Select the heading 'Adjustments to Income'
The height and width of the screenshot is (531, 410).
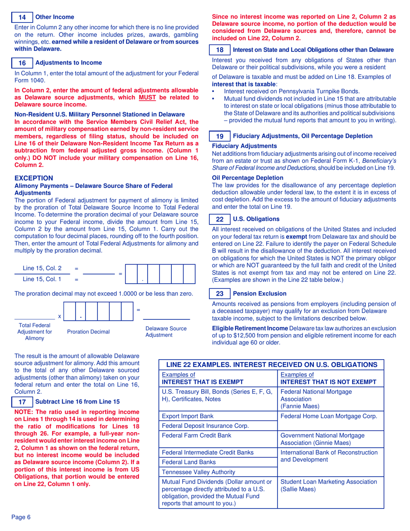click(68, 63)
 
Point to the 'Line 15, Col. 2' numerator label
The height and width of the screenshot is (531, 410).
click(42, 268)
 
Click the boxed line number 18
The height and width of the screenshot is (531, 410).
click(220, 50)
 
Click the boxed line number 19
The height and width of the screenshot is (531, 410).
click(220, 136)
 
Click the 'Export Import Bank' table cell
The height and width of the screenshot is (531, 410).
click(188, 417)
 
